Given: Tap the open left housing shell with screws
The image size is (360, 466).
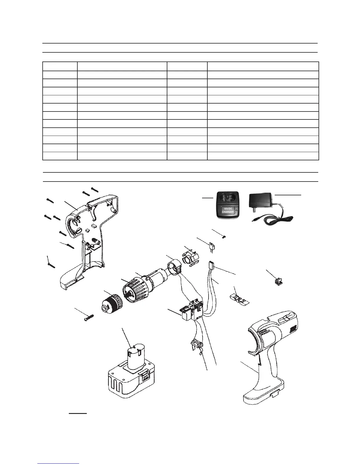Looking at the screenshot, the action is [x=88, y=235].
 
